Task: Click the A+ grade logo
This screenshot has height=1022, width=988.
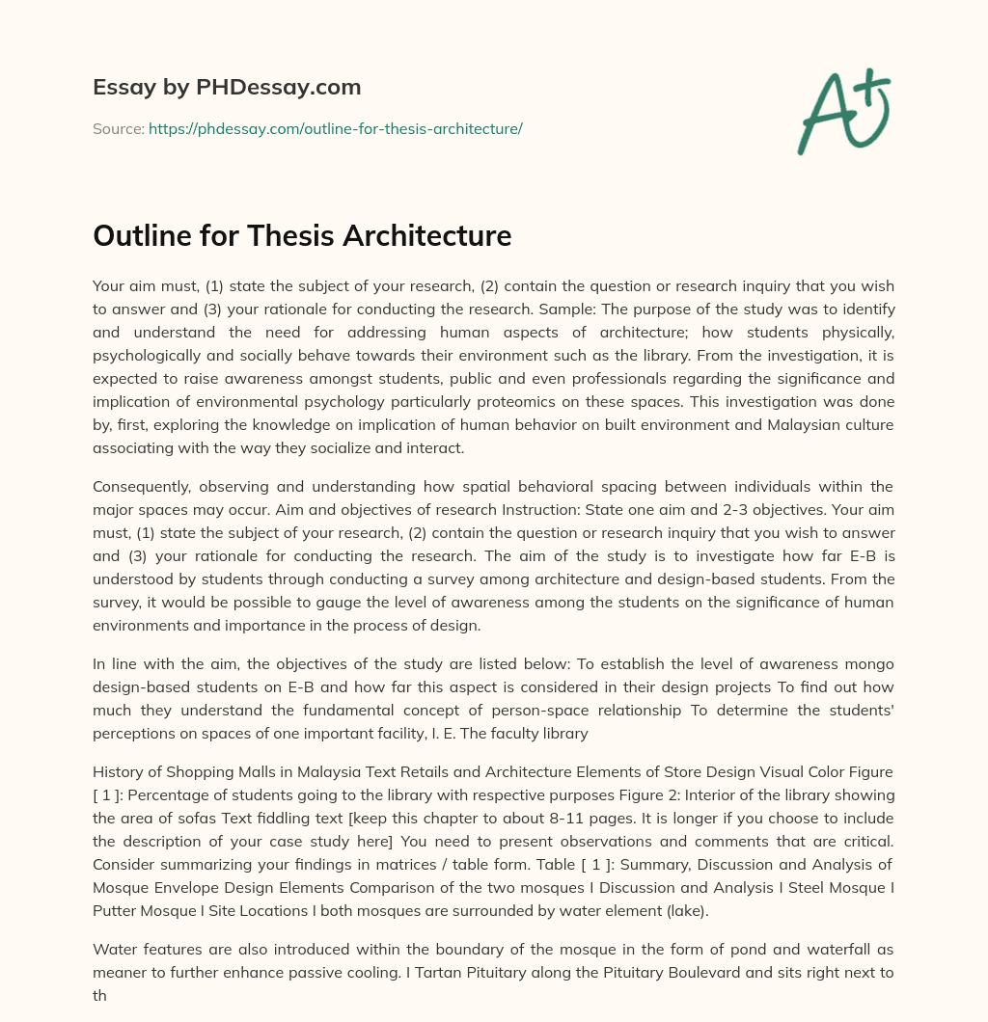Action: tap(843, 111)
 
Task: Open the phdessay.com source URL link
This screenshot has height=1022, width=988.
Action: tap(335, 128)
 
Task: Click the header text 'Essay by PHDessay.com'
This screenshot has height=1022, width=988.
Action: tap(227, 87)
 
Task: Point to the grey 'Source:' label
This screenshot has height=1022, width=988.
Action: tap(118, 128)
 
